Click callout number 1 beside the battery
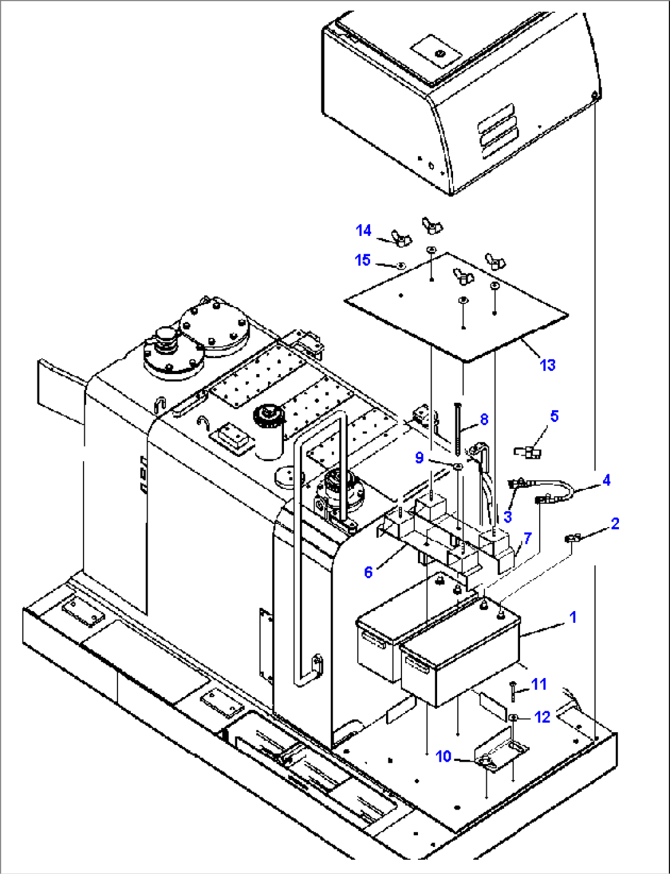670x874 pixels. click(573, 617)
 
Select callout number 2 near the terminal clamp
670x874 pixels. click(614, 524)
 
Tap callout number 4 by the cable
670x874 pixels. click(606, 480)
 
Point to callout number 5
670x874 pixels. click(554, 416)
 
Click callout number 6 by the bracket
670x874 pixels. click(368, 572)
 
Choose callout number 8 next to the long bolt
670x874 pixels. click(484, 419)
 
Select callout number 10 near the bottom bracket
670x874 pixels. click(444, 757)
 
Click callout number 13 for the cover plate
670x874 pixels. click(547, 365)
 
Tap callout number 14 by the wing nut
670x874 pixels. click(363, 230)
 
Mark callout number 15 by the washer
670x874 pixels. click(363, 260)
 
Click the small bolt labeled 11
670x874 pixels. click(512, 692)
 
